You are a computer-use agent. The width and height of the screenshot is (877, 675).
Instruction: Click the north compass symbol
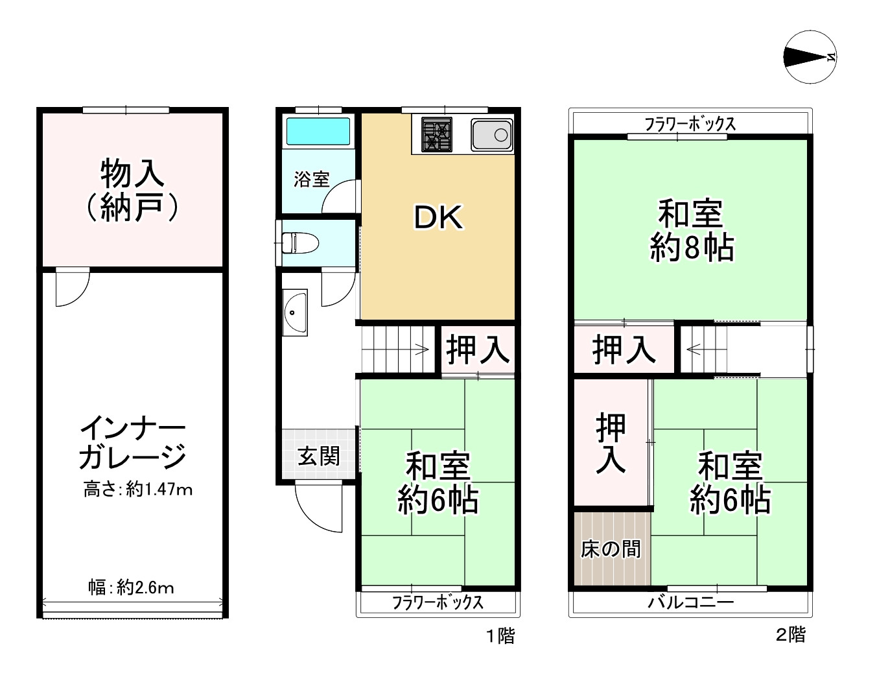pyautogui.click(x=810, y=57)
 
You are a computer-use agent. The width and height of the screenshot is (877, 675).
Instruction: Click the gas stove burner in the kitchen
pyautogui.click(x=436, y=135)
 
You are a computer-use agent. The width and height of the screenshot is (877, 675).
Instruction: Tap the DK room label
pyautogui.click(x=439, y=219)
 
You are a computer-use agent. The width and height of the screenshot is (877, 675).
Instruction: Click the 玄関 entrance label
pyautogui.click(x=318, y=456)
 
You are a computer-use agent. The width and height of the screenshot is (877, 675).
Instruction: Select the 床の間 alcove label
pyautogui.click(x=611, y=549)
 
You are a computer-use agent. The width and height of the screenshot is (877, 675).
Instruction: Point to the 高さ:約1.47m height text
pyautogui.click(x=138, y=490)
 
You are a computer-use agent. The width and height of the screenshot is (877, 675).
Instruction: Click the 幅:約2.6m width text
pyautogui.click(x=132, y=588)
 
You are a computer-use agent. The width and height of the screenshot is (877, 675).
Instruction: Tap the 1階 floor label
pyautogui.click(x=500, y=636)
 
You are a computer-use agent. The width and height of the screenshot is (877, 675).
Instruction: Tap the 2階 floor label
pyautogui.click(x=790, y=634)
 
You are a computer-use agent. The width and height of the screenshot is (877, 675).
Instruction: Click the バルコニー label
pyautogui.click(x=691, y=603)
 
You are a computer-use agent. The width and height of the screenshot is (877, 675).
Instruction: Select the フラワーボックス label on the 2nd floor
pyautogui.click(x=690, y=124)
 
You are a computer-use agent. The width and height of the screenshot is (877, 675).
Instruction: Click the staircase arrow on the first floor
pyautogui.click(x=420, y=351)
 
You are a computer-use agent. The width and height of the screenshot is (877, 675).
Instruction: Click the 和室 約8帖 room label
pyautogui.click(x=691, y=230)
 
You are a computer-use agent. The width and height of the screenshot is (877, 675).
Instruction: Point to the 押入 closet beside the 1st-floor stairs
pyautogui.click(x=477, y=351)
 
